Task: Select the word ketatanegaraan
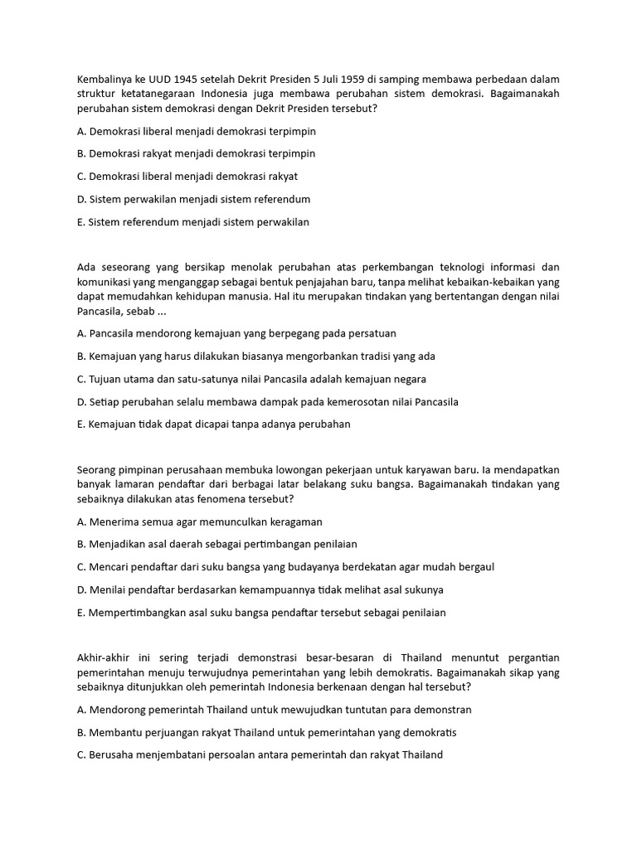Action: (x=161, y=94)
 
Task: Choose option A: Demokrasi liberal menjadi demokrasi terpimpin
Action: (x=196, y=131)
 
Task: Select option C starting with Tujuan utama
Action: (x=250, y=379)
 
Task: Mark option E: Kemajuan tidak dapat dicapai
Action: (x=213, y=424)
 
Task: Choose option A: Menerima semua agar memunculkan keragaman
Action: (x=199, y=522)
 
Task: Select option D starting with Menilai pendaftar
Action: (x=260, y=589)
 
